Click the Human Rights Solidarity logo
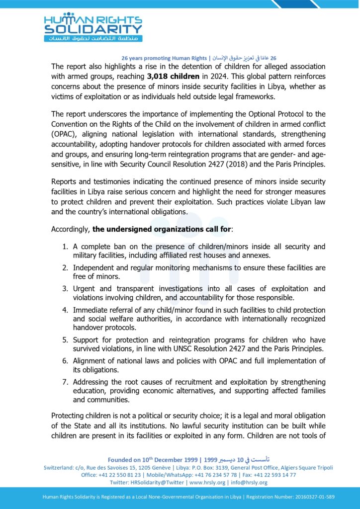[93, 27]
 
